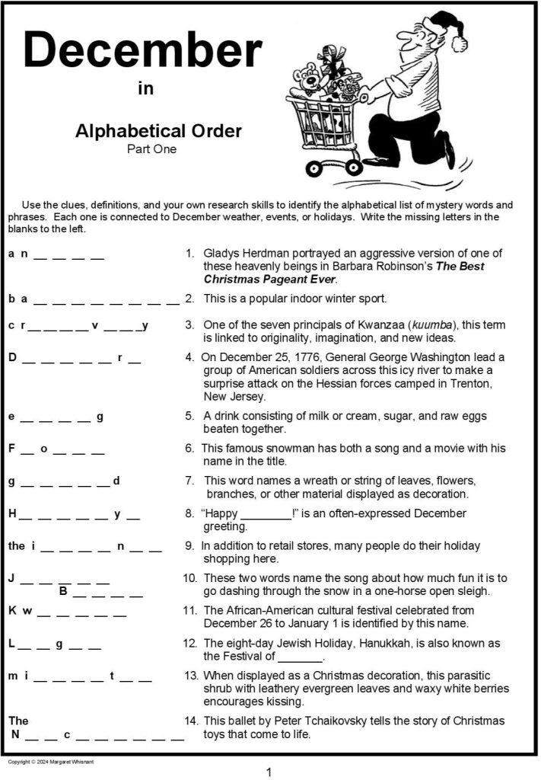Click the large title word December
coord(142,51)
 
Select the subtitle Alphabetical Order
coord(158,131)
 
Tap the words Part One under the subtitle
coord(151,149)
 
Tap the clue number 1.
coord(189,253)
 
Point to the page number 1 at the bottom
coord(269,772)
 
